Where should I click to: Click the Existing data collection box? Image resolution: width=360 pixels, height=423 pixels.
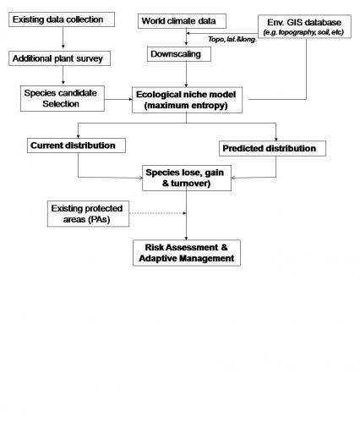[x=62, y=19]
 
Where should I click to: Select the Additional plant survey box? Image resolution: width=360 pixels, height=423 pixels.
[x=59, y=58]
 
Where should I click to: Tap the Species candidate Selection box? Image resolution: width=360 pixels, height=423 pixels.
[x=63, y=98]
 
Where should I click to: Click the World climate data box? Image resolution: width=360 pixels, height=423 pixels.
[x=182, y=21]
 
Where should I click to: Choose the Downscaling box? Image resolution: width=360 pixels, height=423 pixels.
[x=179, y=54]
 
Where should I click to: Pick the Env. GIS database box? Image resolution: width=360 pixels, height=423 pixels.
[x=304, y=26]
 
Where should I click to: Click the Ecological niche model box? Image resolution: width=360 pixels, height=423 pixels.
[x=187, y=100]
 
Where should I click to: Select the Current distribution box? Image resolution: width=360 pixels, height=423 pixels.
[x=76, y=146]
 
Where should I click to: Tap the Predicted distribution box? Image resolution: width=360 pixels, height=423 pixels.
[x=272, y=149]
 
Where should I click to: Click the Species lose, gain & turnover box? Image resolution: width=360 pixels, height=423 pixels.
[x=187, y=178]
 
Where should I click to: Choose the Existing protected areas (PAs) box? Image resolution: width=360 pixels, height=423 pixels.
[x=88, y=214]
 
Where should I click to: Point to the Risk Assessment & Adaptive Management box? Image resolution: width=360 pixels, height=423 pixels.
[x=187, y=253]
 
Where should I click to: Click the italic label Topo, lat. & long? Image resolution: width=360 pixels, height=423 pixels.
[x=232, y=39]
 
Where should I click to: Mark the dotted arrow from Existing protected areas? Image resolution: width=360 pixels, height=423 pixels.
[x=157, y=213]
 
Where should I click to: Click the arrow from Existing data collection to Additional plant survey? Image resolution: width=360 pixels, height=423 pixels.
[x=63, y=37]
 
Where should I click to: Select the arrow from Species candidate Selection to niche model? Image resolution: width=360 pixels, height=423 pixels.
[x=118, y=99]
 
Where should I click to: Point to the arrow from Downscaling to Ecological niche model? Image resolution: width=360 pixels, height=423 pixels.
[x=186, y=74]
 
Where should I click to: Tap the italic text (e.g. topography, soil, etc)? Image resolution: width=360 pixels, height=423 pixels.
[x=303, y=32]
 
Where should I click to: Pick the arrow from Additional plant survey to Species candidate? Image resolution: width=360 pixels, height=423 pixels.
[x=63, y=75]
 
